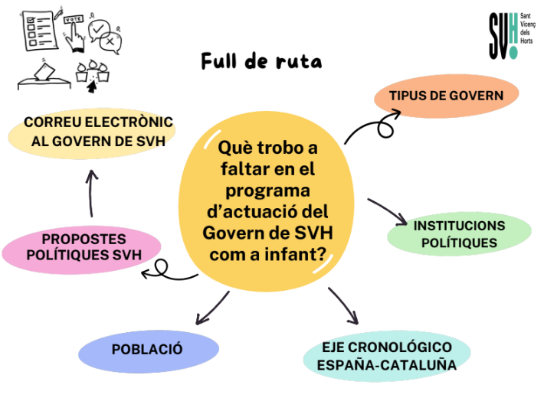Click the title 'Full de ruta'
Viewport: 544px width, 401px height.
pyautogui.click(x=261, y=61)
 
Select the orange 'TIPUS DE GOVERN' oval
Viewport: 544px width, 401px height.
pyautogui.click(x=446, y=96)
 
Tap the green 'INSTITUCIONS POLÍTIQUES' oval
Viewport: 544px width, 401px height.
pyautogui.click(x=459, y=234)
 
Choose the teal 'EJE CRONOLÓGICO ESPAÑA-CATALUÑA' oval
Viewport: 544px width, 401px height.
pyautogui.click(x=387, y=356)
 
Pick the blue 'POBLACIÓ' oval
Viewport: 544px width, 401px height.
pyautogui.click(x=147, y=350)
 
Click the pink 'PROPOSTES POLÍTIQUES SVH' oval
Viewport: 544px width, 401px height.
pyautogui.click(x=82, y=247)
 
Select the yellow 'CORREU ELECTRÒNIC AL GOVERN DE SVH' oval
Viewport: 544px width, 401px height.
pyautogui.click(x=92, y=132)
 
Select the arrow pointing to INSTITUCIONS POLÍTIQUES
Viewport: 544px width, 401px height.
pyautogui.click(x=388, y=212)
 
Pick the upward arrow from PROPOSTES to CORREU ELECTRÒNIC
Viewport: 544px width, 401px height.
pyautogui.click(x=90, y=193)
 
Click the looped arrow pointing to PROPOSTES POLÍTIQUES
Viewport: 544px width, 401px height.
pyautogui.click(x=165, y=269)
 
